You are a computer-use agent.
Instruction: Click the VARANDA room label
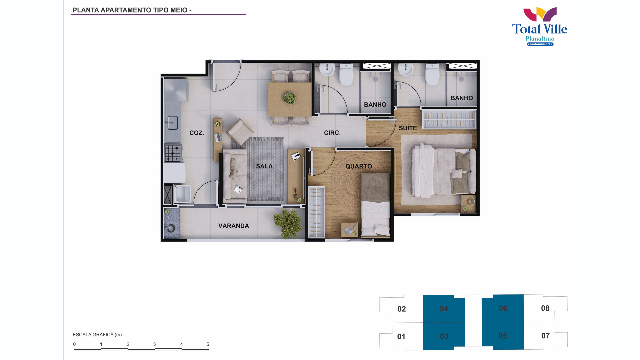click(234, 226)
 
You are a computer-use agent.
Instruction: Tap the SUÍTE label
click(408, 128)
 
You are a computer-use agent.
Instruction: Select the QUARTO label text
click(359, 166)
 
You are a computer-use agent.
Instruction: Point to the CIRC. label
click(332, 133)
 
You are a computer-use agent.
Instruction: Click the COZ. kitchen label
click(197, 133)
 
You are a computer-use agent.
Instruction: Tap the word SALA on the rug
click(264, 166)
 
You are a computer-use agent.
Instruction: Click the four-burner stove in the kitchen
click(173, 153)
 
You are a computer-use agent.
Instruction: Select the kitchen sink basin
click(172, 123)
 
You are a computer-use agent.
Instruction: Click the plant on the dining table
click(290, 98)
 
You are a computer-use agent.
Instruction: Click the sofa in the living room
click(235, 176)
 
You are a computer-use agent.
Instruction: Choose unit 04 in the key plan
click(444, 309)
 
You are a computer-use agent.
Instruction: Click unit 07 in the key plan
click(545, 336)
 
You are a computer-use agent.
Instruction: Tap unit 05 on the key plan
click(503, 336)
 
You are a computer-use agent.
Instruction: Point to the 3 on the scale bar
click(154, 344)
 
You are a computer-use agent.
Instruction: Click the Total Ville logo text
click(540, 29)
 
